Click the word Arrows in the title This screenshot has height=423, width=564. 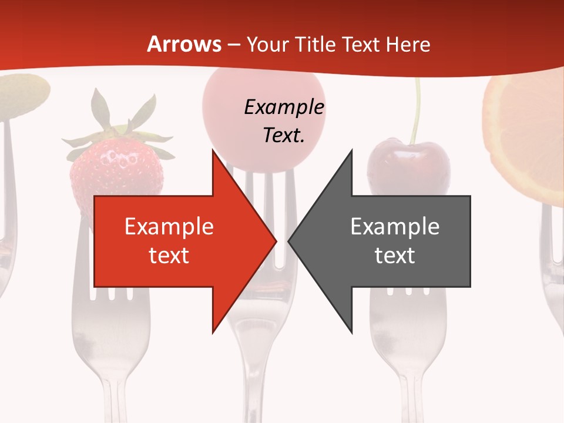click(184, 44)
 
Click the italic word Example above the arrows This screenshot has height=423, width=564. click(284, 108)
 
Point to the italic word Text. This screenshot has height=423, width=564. click(284, 136)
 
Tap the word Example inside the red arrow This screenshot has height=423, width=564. click(169, 227)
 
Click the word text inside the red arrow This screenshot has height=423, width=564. click(169, 256)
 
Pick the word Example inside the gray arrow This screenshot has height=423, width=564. click(395, 227)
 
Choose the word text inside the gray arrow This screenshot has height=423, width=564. click(395, 256)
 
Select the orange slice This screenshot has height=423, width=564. click(526, 135)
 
